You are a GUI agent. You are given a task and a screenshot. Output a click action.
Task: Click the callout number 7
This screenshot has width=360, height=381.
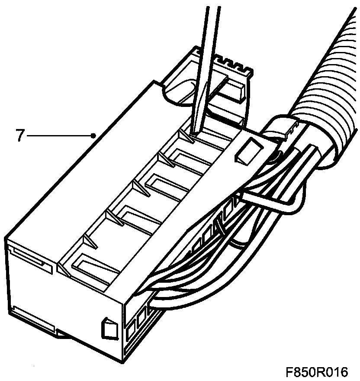[x=19, y=136]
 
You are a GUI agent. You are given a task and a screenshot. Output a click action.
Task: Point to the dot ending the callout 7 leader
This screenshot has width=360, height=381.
[x=94, y=136]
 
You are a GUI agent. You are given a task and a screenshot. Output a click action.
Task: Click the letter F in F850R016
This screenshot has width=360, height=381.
[x=289, y=372]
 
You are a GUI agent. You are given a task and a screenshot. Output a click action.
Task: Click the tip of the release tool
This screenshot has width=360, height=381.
[x=191, y=136]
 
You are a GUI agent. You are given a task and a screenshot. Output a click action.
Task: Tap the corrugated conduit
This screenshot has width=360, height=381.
[x=329, y=87]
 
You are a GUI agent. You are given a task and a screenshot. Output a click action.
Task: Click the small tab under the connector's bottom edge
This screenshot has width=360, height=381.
[x=65, y=336]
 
